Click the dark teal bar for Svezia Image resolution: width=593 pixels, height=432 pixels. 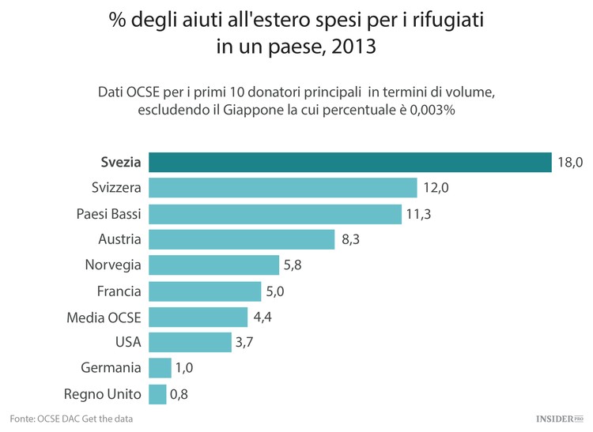(349, 162)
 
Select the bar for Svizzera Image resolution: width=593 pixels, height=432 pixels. (282, 188)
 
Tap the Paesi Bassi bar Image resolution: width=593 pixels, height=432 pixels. (275, 214)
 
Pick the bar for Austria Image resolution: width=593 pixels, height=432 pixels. (241, 239)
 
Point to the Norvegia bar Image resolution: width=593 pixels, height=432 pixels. (213, 265)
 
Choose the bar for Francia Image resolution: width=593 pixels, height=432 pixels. (204, 291)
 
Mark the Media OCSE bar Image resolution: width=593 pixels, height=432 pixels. (198, 317)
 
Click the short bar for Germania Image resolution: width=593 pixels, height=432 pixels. (160, 368)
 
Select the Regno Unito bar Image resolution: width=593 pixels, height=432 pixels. (157, 393)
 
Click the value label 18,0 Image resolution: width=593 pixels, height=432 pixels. (569, 163)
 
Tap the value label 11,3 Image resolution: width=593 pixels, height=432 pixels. (420, 214)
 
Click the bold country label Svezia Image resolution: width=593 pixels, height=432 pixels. (121, 163)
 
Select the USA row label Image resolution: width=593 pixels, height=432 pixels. (128, 343)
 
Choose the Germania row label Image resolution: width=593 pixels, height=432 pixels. (111, 368)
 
